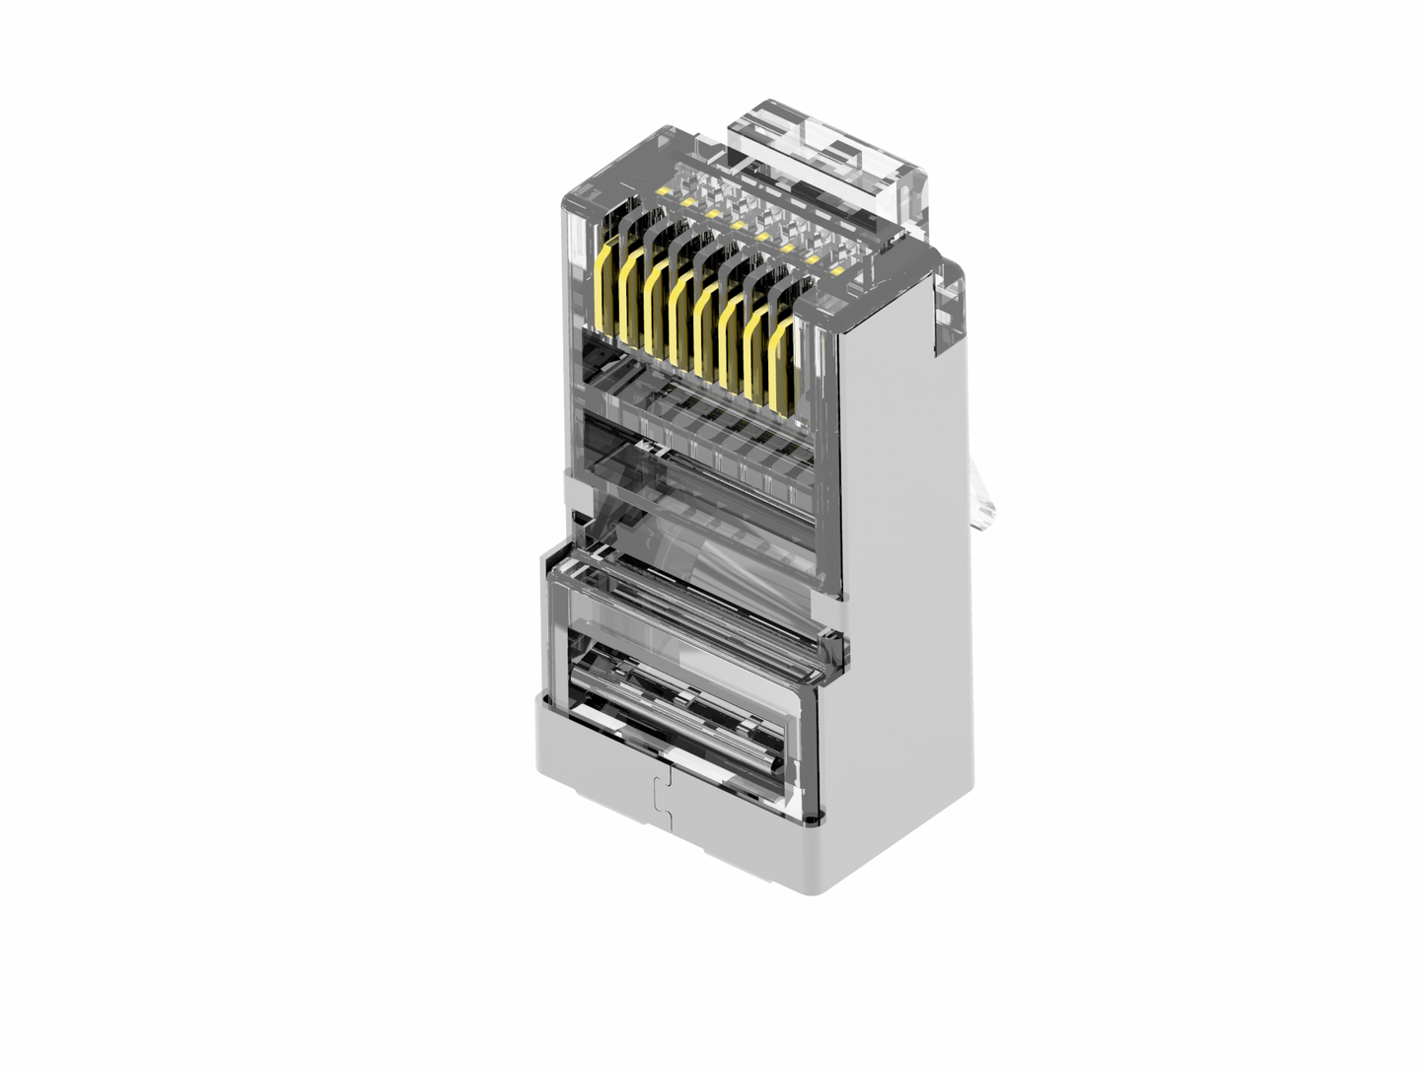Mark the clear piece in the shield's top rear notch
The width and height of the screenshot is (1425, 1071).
click(x=947, y=306)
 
